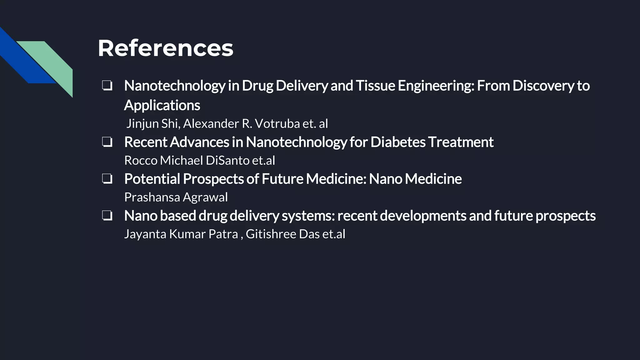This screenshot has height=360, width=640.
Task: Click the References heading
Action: (165, 48)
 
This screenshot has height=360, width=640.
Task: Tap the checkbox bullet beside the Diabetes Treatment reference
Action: (107, 142)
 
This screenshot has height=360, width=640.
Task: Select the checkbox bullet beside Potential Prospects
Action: (107, 179)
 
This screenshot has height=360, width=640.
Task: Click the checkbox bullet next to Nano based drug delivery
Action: (107, 216)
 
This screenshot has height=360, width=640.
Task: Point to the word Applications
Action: (162, 105)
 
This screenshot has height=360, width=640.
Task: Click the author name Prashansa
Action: (152, 197)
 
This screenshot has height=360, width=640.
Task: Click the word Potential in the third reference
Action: (152, 179)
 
